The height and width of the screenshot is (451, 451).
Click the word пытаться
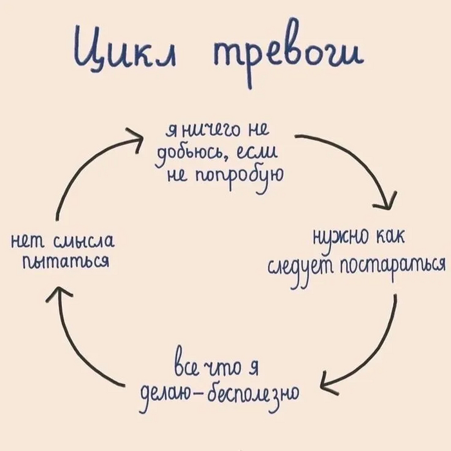[64, 262]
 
